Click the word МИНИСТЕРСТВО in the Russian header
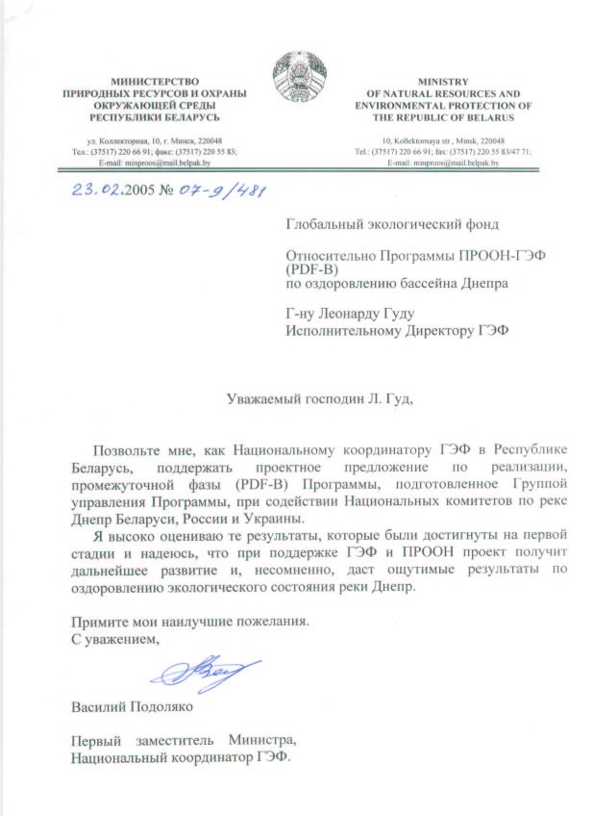[155, 83]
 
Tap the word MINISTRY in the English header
[443, 83]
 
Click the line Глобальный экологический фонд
[393, 225]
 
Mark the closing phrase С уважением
[113, 637]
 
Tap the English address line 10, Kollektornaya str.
[443, 140]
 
